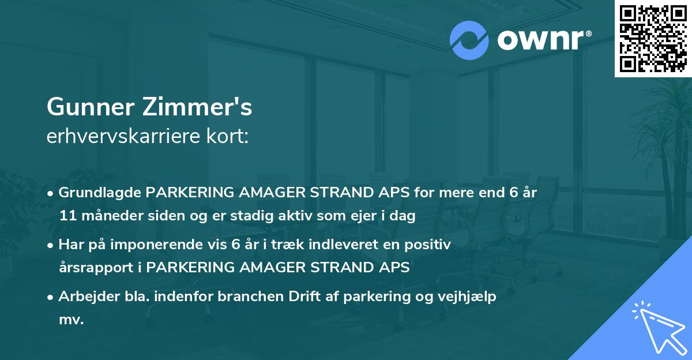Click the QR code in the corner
pyautogui.click(x=653, y=38)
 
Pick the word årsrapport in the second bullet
pyautogui.click(x=91, y=268)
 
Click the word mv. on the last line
pyautogui.click(x=72, y=320)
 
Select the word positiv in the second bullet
pyautogui.click(x=430, y=245)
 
